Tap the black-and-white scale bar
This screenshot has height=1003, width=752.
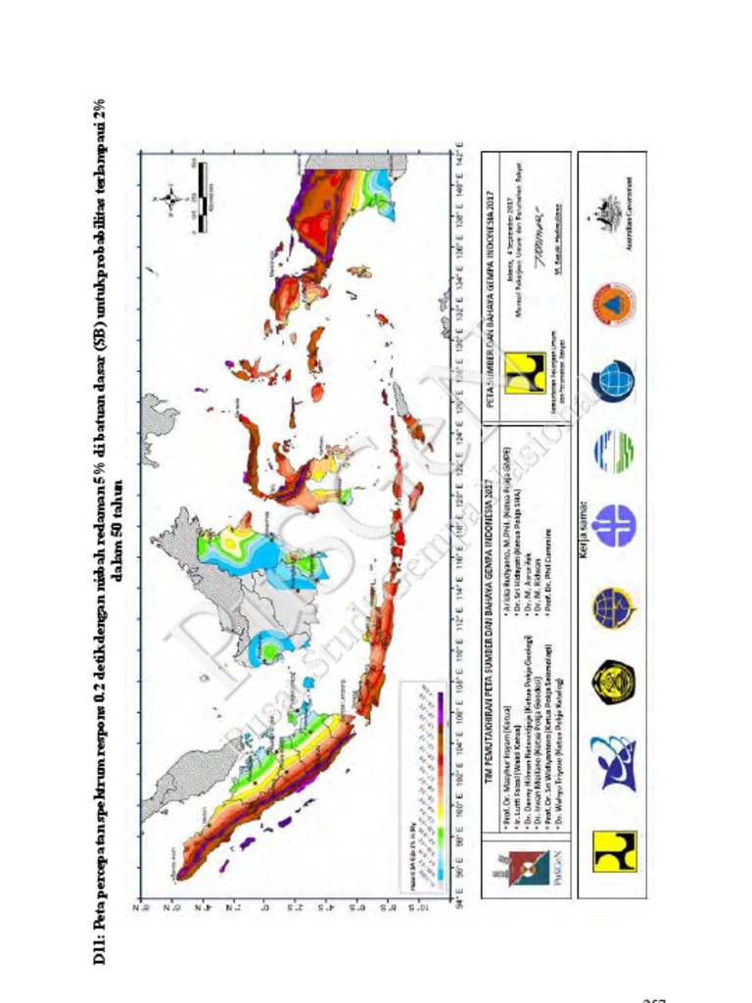(199, 196)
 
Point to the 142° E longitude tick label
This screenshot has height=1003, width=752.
(459, 155)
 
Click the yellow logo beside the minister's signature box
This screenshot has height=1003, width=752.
(525, 375)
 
